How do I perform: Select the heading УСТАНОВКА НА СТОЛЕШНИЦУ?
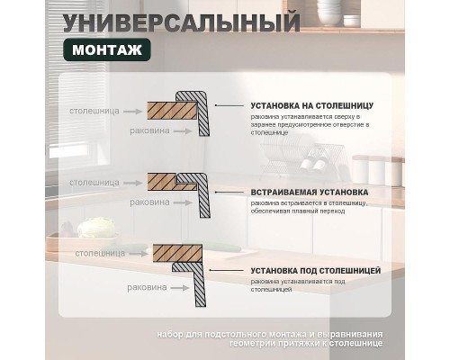tap(312, 106)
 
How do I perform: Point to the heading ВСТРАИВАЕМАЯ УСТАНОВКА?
tap(310, 193)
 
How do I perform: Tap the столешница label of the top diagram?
tap(93, 112)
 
